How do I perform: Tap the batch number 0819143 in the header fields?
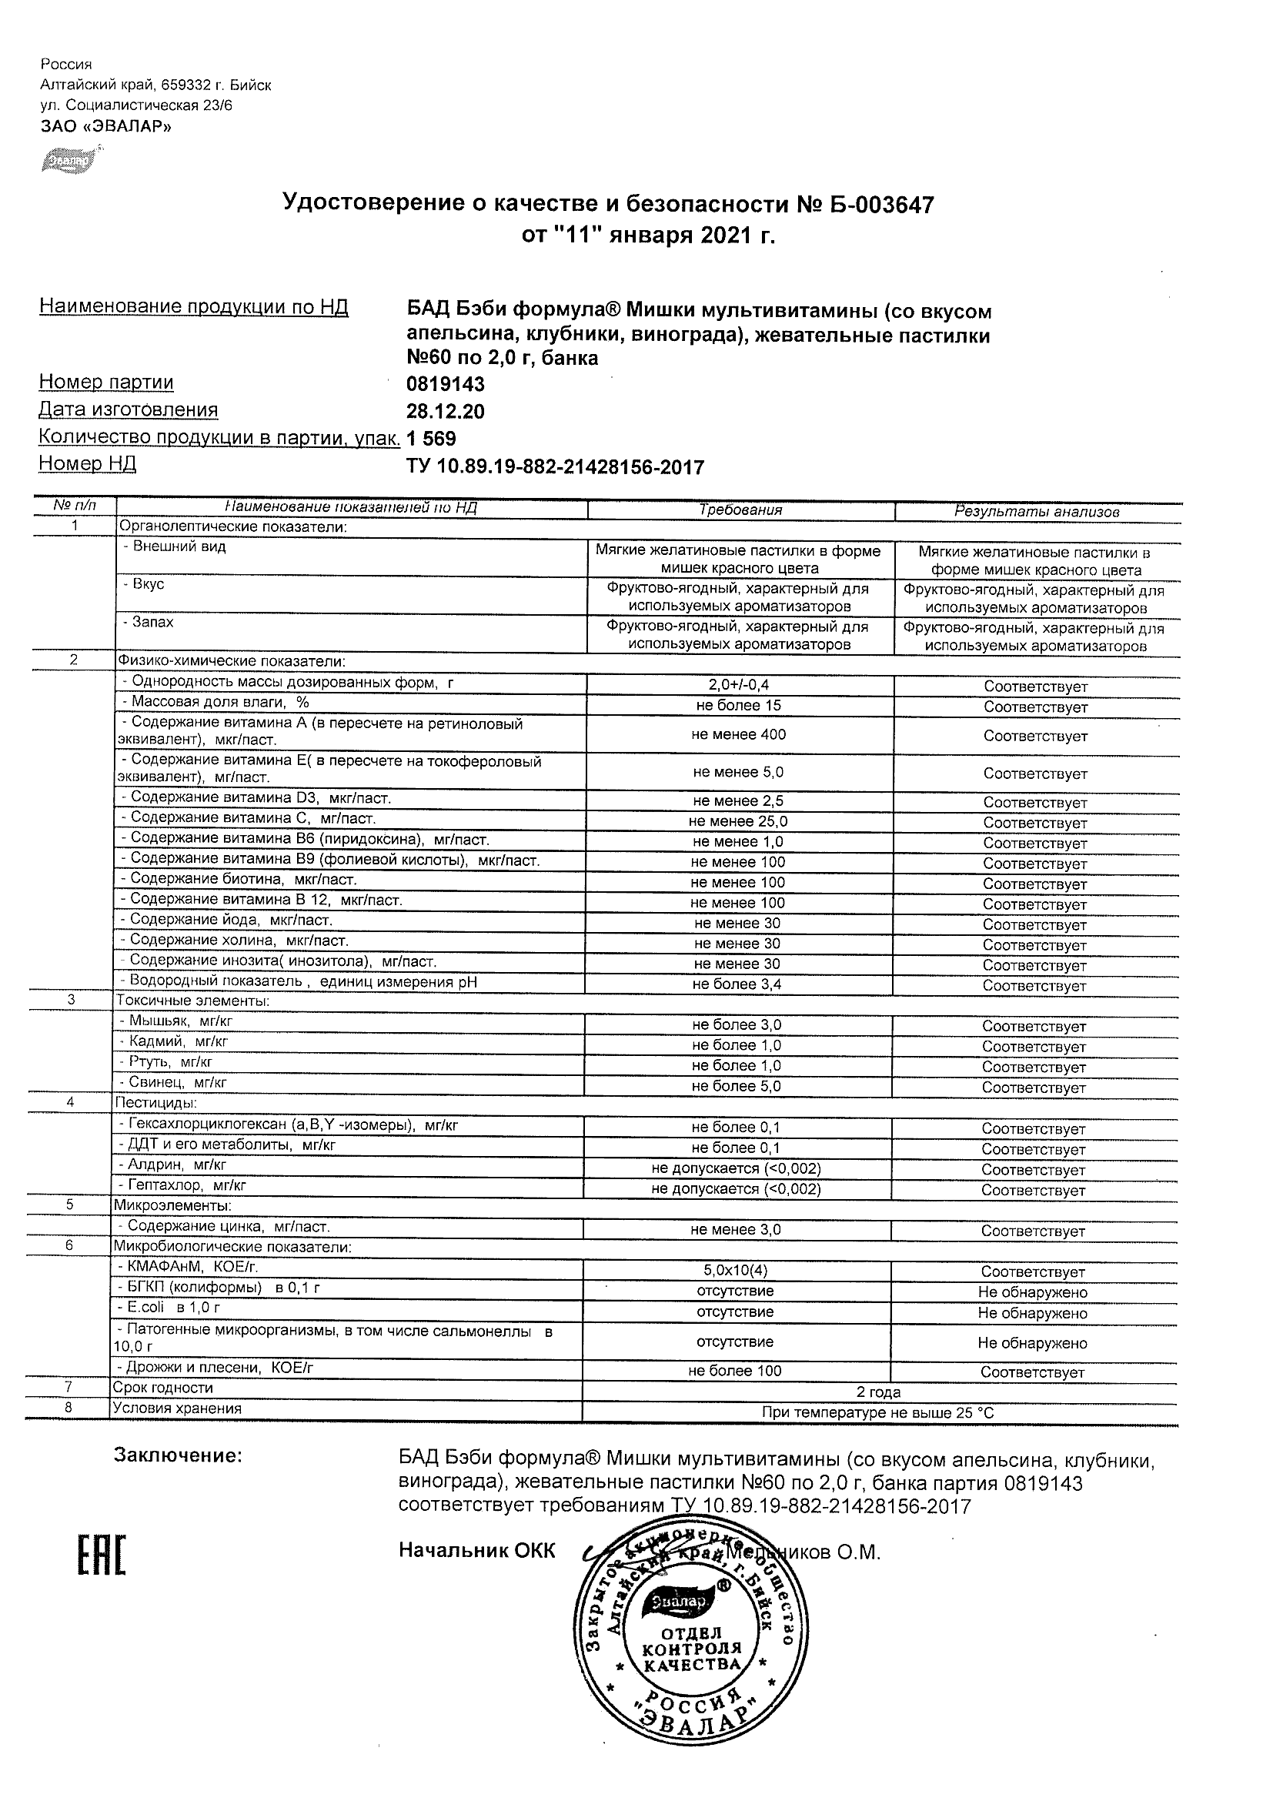point(446,384)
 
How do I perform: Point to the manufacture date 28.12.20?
point(446,412)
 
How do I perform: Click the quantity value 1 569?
point(432,439)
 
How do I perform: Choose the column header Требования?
point(740,510)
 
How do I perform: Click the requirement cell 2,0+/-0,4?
point(739,686)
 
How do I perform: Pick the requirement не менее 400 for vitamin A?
point(739,735)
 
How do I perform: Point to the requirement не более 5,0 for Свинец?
point(737,1087)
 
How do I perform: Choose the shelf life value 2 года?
point(878,1392)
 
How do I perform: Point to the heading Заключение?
point(178,1456)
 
